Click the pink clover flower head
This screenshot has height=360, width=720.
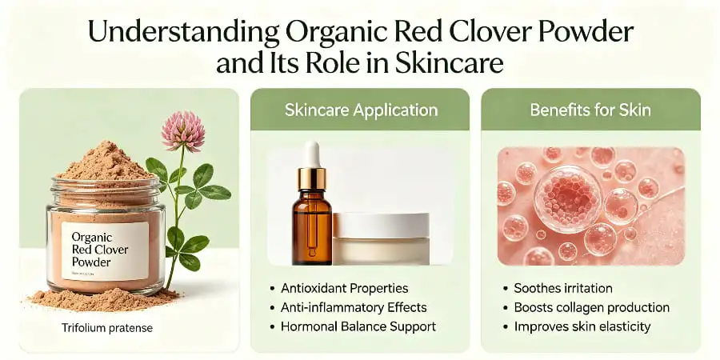tap(182, 130)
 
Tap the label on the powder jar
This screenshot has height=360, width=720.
tap(105, 250)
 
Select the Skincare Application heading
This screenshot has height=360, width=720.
tap(361, 110)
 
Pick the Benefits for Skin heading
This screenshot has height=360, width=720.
tap(590, 110)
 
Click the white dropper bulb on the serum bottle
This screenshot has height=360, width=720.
tap(313, 154)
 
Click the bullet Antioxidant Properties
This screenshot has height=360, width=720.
tap(345, 288)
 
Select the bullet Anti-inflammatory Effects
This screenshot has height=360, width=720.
tap(354, 307)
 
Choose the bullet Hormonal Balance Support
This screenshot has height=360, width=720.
tap(358, 326)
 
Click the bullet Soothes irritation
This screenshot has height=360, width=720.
tap(562, 288)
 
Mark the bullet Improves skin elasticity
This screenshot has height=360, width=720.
tap(583, 326)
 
